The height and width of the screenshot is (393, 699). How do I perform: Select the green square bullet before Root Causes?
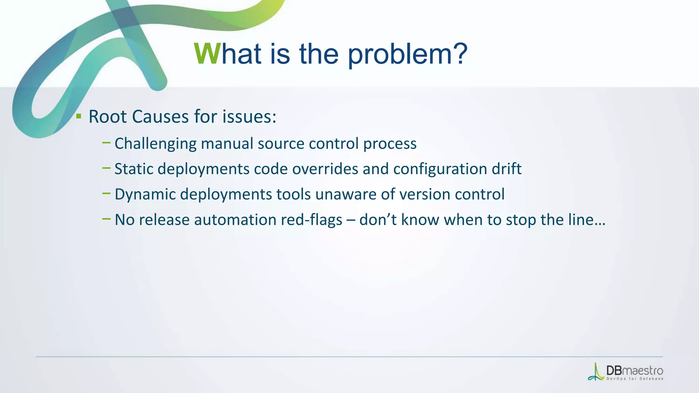pos(79,116)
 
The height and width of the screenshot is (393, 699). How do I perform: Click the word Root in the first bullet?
pos(108,117)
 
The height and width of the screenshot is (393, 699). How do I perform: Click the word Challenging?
pos(155,144)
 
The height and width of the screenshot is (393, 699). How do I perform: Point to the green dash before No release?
pos(106,219)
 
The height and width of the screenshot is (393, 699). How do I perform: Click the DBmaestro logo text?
pos(634,371)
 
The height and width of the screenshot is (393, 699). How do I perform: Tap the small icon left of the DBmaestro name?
pos(596,373)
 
